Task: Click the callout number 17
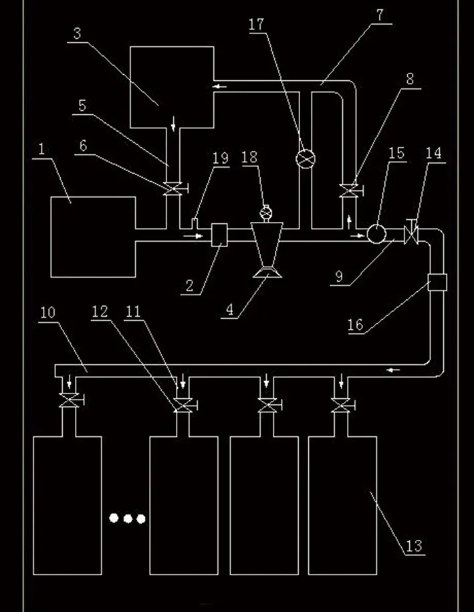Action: [x=257, y=25]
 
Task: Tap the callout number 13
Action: [x=414, y=546]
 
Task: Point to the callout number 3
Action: [x=78, y=33]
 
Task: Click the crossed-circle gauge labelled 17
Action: [x=305, y=159]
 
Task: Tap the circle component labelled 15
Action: [x=376, y=234]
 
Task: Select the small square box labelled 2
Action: [x=219, y=235]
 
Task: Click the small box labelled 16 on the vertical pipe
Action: [x=437, y=282]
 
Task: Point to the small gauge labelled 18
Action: [x=265, y=213]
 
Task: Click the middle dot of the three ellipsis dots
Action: [x=127, y=518]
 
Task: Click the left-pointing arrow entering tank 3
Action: [x=218, y=86]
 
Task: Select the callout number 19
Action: [x=221, y=159]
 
